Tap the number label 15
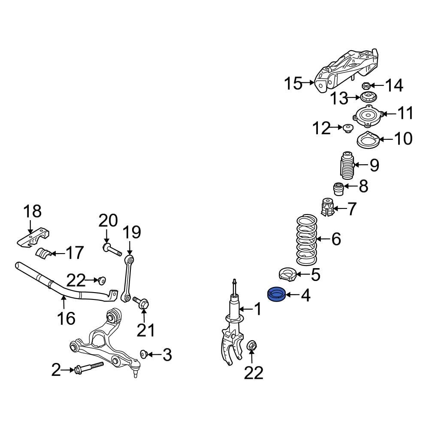click(x=294, y=84)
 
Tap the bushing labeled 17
click(x=43, y=253)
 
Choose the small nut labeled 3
click(x=144, y=354)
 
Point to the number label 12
click(x=321, y=128)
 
